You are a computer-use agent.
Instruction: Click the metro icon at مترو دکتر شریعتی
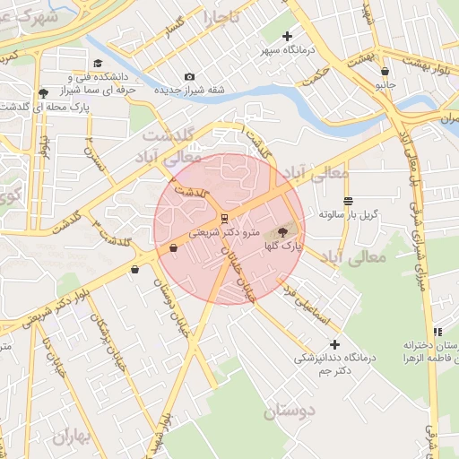tap(223, 217)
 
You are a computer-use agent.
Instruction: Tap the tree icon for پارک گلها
tap(282, 232)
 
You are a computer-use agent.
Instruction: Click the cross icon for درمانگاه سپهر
tap(287, 37)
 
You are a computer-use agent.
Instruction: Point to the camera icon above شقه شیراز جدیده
tap(188, 77)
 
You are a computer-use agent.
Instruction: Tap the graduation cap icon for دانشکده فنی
tap(97, 63)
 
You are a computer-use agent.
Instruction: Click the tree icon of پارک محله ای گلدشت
tap(43, 93)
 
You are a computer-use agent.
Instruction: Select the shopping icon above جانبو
tap(385, 71)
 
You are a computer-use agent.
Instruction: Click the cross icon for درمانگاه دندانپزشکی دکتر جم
tap(335, 344)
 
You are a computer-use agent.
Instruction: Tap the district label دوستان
tap(290, 411)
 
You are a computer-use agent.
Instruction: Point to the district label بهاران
tap(74, 437)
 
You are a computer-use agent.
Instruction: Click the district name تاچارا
tap(221, 16)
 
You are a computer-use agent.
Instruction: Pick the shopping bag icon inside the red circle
tap(172, 250)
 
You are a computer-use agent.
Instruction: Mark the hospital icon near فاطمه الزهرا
tap(437, 332)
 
